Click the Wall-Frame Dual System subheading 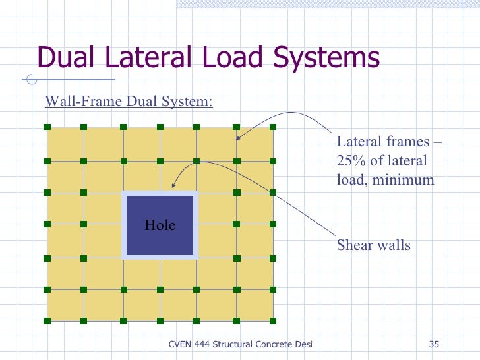pyautogui.click(x=129, y=102)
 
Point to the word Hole pyautogui.click(x=160, y=225)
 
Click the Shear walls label pyautogui.click(x=374, y=245)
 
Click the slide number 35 pyautogui.click(x=434, y=344)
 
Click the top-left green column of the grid pyautogui.click(x=47, y=127)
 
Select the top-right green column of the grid pyautogui.click(x=273, y=127)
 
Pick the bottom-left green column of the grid pyautogui.click(x=47, y=320)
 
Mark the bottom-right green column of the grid pyautogui.click(x=273, y=320)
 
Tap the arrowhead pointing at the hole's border pyautogui.click(x=173, y=188)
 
